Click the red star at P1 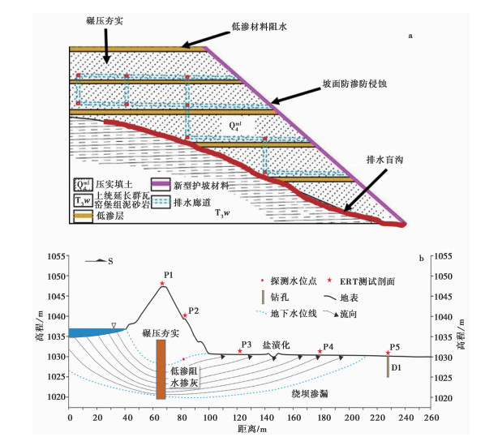coord(162,283)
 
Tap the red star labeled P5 coord(388,353)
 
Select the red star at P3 coord(240,351)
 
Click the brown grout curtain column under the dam coord(161,369)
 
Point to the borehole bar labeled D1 coord(388,366)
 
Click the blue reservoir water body coord(92,332)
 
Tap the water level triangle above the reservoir coord(114,325)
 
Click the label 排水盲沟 coord(384,160)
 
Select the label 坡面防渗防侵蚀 coord(354,84)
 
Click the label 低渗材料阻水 coord(259,27)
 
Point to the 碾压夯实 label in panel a coord(105,21)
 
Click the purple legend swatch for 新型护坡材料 coord(161,184)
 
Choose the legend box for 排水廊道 coord(161,202)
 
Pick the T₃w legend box coord(84,201)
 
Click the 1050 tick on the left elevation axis coord(57,276)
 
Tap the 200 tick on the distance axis coord(352,418)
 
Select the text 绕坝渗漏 coord(310,394)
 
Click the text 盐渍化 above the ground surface coord(276,345)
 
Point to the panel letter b coord(421,259)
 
